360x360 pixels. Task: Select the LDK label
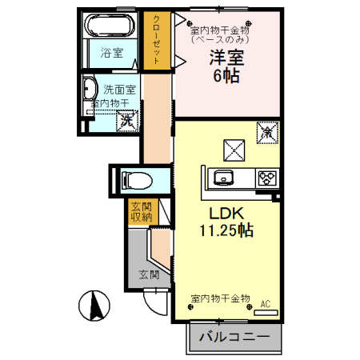226,214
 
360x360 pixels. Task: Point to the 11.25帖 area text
226,231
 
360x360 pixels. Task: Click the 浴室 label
111,54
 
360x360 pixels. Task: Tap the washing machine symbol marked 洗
126,122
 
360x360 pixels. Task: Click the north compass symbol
92,305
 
